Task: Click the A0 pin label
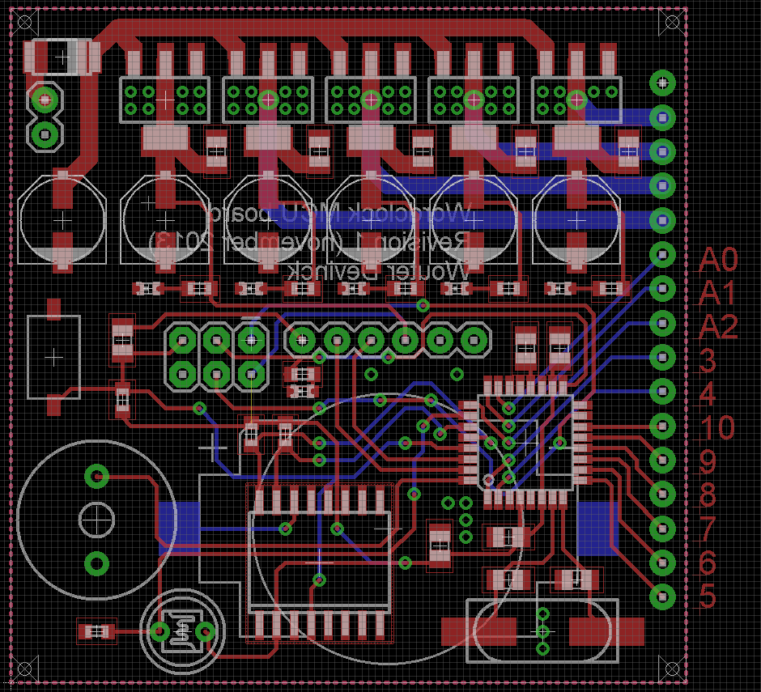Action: (x=719, y=261)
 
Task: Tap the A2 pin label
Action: (x=719, y=328)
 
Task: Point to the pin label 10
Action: (x=716, y=427)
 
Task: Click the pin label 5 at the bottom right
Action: (x=708, y=596)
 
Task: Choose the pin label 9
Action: (x=708, y=461)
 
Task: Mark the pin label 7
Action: (x=708, y=529)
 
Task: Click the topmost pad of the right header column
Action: (x=663, y=82)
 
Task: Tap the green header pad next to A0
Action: (x=663, y=255)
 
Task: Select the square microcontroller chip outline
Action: (x=526, y=442)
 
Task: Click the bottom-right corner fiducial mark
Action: (x=670, y=669)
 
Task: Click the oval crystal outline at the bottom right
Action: (x=543, y=630)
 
